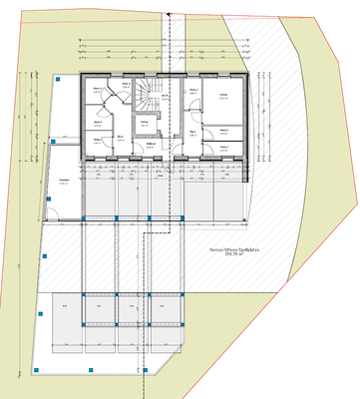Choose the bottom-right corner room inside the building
click(x=223, y=148)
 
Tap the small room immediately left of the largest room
click(x=193, y=96)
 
